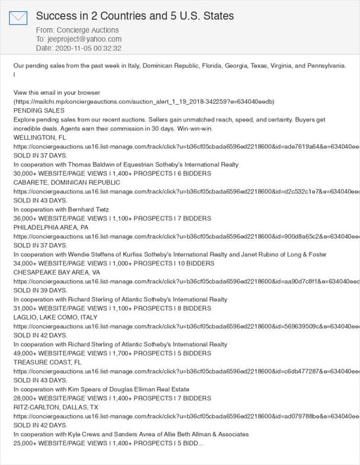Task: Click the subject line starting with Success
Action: [x=135, y=15]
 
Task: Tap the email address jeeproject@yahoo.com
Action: [x=84, y=39]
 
